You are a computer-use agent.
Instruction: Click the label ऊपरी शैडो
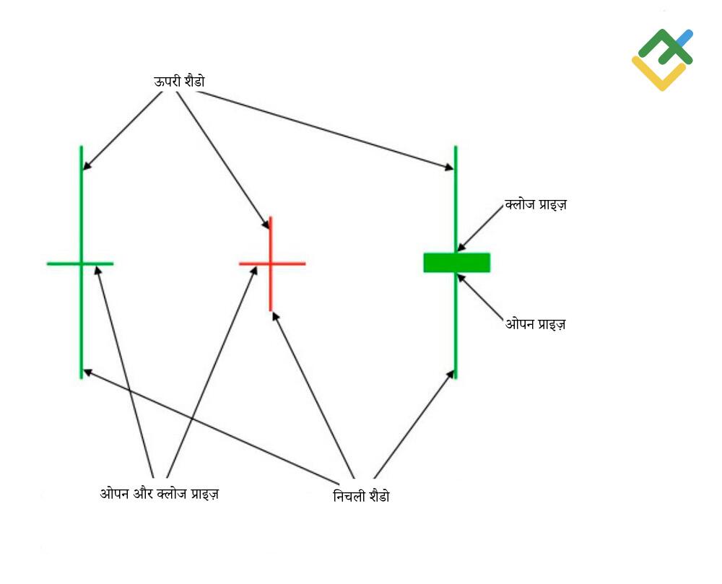179,82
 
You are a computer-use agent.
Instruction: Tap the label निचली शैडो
361,496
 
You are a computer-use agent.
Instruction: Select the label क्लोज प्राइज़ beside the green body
536,204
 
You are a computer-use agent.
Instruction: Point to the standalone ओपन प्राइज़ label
536,324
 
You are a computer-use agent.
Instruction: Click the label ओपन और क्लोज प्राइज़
160,493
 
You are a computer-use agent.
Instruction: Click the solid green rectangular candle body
457,262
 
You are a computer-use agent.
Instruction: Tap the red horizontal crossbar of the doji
272,263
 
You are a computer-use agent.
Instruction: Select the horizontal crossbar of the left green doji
80,263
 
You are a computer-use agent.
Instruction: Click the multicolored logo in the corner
662,60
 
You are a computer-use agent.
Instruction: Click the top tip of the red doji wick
270,217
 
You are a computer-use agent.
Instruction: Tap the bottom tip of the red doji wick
270,310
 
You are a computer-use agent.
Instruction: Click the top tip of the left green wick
82,147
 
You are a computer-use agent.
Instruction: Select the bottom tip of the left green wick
82,378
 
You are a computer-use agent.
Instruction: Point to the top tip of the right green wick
456,147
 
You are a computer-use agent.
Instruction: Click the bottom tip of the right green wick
456,378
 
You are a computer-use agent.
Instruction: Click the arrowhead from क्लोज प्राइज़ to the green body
461,248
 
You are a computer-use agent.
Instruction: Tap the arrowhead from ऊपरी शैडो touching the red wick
266,224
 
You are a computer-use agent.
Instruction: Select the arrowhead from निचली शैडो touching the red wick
275,317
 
